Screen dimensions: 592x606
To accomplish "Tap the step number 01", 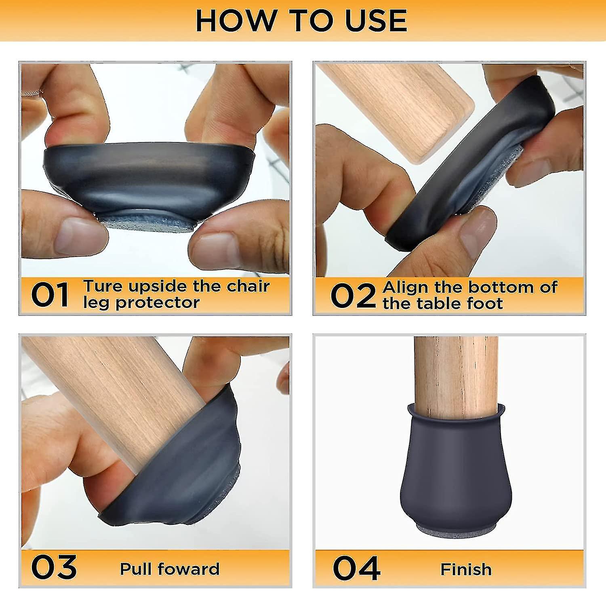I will (x=50, y=295).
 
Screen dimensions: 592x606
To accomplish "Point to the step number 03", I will (x=54, y=567).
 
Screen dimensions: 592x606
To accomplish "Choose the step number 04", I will (x=356, y=568).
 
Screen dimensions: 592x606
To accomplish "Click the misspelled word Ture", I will (x=103, y=286).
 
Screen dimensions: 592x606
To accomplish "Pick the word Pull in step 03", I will (x=136, y=569).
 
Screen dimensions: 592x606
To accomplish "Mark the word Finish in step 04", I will (x=466, y=569).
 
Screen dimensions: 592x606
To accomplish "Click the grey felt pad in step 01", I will (x=147, y=224).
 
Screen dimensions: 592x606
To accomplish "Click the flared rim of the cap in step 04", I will (x=456, y=413).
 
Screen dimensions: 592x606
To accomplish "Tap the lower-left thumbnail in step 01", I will (x=75, y=237).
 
